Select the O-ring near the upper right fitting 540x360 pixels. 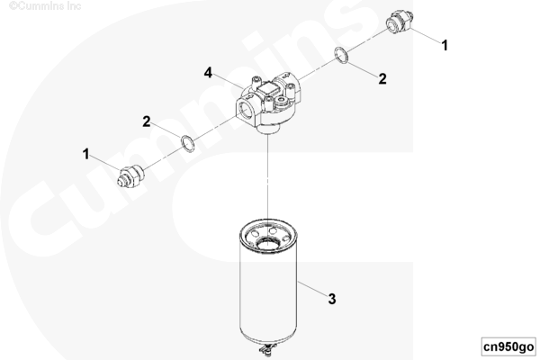click(342, 56)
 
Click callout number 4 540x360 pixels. click(208, 71)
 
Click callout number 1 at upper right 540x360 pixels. click(444, 42)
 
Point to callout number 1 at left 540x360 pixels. click(86, 154)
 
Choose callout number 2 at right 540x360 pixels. click(382, 78)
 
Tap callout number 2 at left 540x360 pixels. click(146, 120)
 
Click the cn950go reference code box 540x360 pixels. click(508, 346)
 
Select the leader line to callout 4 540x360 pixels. click(229, 80)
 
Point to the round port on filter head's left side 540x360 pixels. click(247, 111)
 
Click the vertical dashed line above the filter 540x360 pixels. click(268, 180)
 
